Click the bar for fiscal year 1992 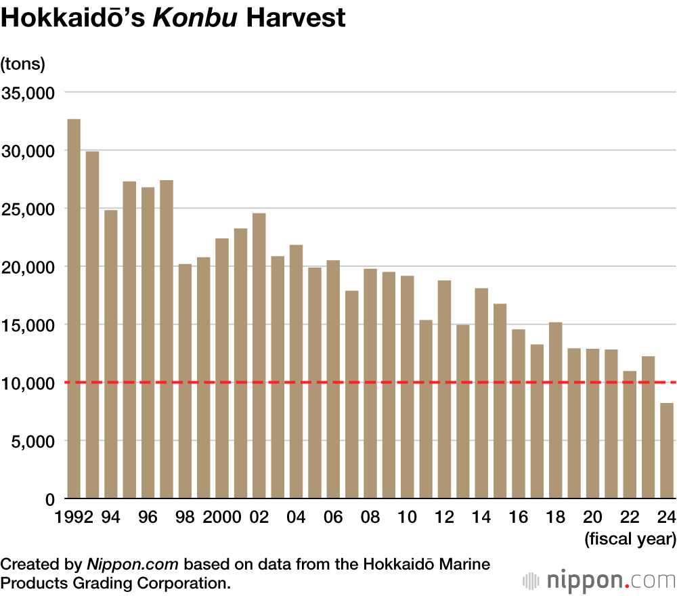coord(74,309)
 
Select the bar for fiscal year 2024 coord(667,451)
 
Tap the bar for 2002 coord(259,356)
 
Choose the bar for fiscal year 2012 coord(444,389)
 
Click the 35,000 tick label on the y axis coord(27,93)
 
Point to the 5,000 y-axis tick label coord(31,442)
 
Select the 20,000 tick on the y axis coord(27,267)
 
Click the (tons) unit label coord(23,64)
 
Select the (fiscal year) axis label coord(630,540)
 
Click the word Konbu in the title coord(194,18)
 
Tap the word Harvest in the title coord(295,18)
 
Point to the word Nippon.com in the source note coord(132,564)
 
